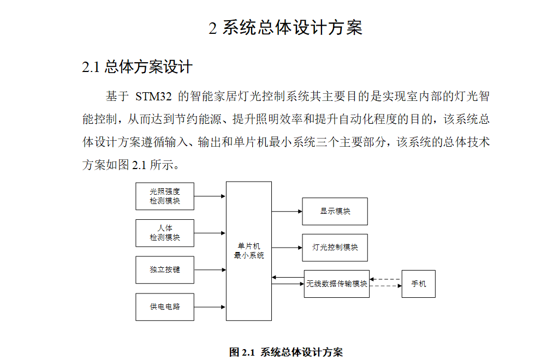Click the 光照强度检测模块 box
pyautogui.click(x=165, y=196)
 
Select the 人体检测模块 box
pyautogui.click(x=165, y=233)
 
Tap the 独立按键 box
pyautogui.click(x=165, y=269)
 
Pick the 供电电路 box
pyautogui.click(x=165, y=307)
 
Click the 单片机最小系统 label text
pyautogui.click(x=249, y=251)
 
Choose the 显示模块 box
pyautogui.click(x=335, y=211)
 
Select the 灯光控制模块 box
pyautogui.click(x=335, y=247)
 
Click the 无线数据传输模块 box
pyautogui.click(x=336, y=284)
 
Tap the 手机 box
pyautogui.click(x=418, y=284)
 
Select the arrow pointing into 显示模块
pyautogui.click(x=287, y=211)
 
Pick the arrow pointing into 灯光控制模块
pyautogui.click(x=287, y=247)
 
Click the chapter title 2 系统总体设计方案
pyautogui.click(x=286, y=28)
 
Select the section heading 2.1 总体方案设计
pyautogui.click(x=137, y=67)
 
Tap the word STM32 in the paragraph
pyautogui.click(x=153, y=97)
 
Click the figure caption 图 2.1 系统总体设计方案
pyautogui.click(x=286, y=352)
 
